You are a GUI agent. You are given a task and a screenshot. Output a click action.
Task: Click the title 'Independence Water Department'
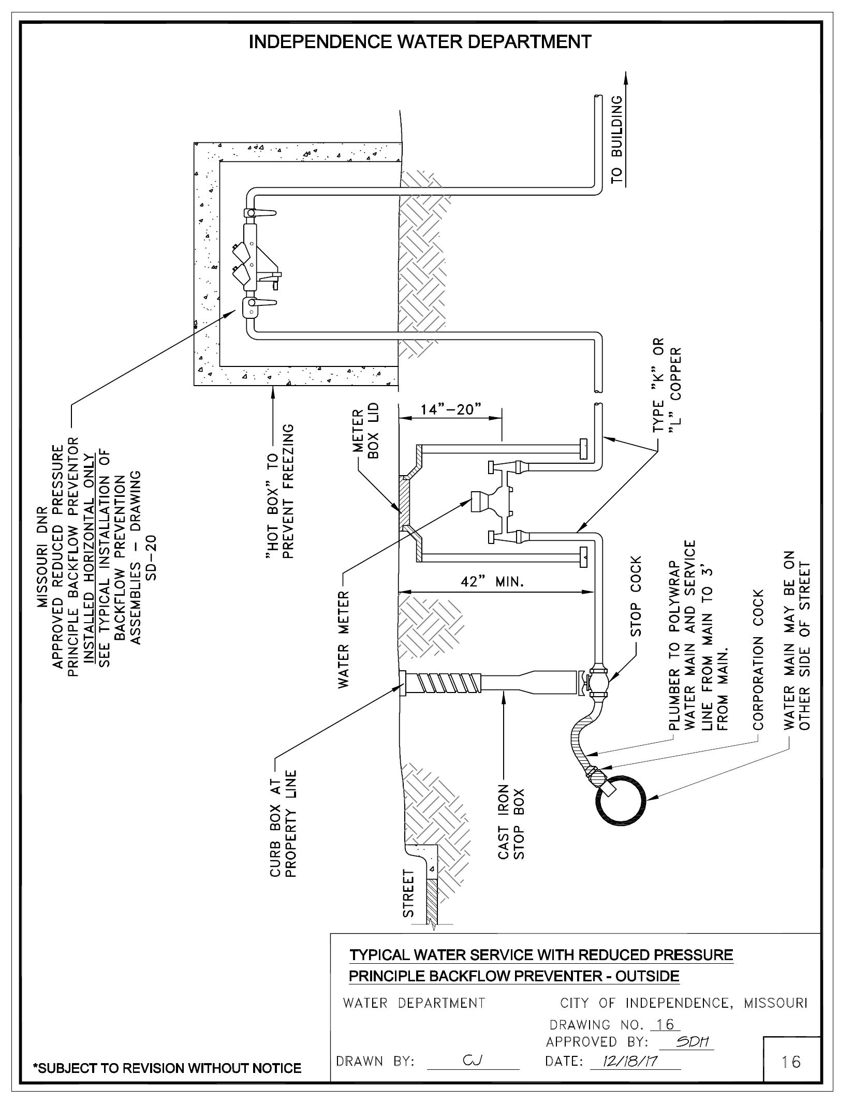[x=420, y=42]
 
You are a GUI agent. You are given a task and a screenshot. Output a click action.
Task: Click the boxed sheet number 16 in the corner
[x=791, y=1062]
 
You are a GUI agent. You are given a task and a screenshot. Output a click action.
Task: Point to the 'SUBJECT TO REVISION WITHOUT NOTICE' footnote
[x=167, y=1068]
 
